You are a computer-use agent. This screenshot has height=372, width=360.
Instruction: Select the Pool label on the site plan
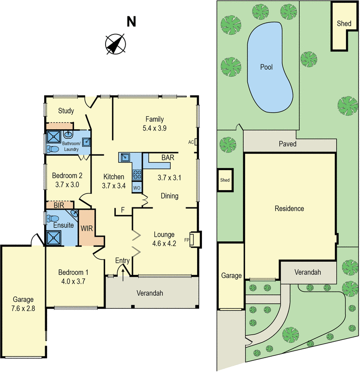click(266, 67)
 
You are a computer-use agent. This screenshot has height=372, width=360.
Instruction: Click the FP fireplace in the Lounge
click(194, 239)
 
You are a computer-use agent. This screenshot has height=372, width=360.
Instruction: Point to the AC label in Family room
click(191, 142)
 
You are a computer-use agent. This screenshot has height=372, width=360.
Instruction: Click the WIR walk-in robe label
click(86, 229)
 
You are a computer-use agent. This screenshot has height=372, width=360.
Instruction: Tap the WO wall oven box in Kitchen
click(137, 187)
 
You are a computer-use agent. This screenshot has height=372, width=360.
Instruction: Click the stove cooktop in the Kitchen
click(138, 175)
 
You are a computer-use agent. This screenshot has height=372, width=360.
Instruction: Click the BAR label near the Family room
click(167, 158)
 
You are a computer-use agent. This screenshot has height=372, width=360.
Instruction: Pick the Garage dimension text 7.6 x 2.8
click(23, 308)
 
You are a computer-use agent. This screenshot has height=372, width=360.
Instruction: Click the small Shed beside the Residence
click(225, 180)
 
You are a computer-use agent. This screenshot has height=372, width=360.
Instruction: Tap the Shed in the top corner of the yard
click(344, 23)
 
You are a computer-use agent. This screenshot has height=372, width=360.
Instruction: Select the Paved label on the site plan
click(287, 144)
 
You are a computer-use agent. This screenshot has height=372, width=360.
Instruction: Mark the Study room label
click(66, 111)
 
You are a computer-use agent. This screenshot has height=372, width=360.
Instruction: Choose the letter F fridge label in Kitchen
click(123, 210)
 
